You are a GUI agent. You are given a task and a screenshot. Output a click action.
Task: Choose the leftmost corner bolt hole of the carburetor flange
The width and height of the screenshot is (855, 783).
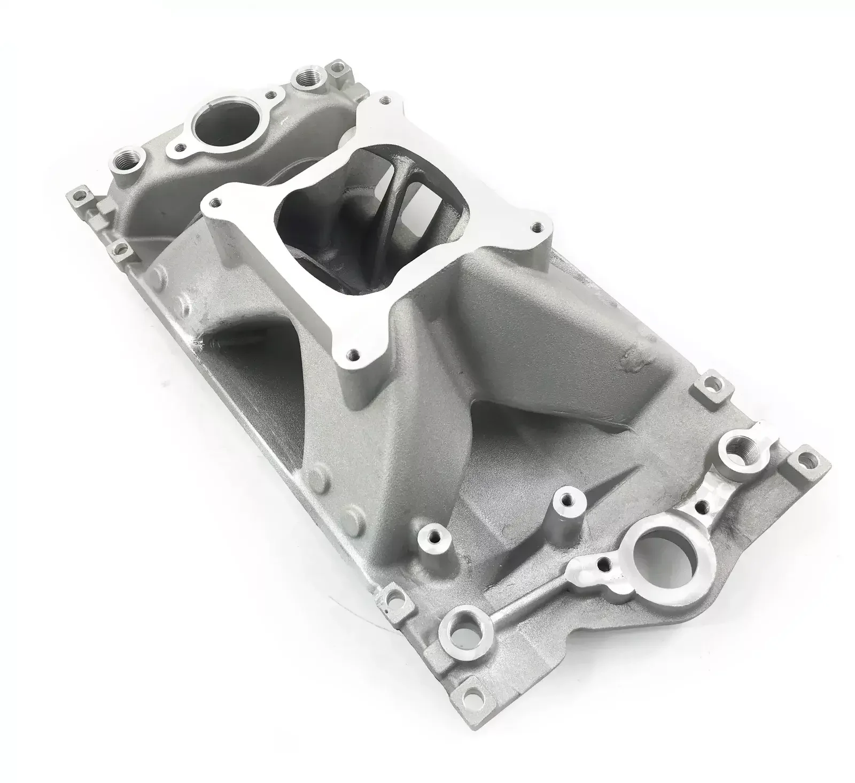pyautogui.click(x=215, y=201)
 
